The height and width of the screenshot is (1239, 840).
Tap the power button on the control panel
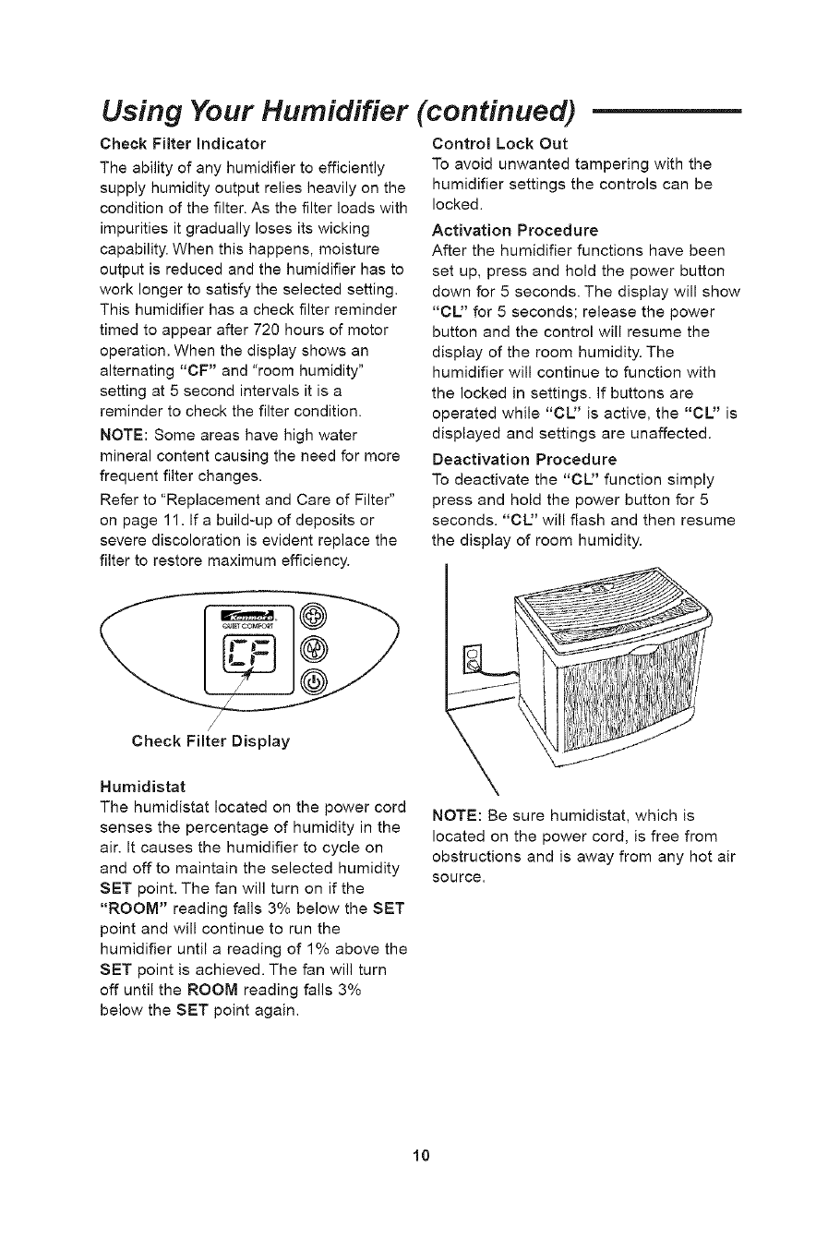pyautogui.click(x=315, y=681)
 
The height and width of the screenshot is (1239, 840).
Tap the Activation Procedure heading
pyautogui.click(x=514, y=229)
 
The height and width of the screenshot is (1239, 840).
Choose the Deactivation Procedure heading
pyautogui.click(x=523, y=458)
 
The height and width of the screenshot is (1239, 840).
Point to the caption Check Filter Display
pyautogui.click(x=210, y=740)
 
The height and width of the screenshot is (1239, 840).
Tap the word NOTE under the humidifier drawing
pyautogui.click(x=454, y=815)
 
